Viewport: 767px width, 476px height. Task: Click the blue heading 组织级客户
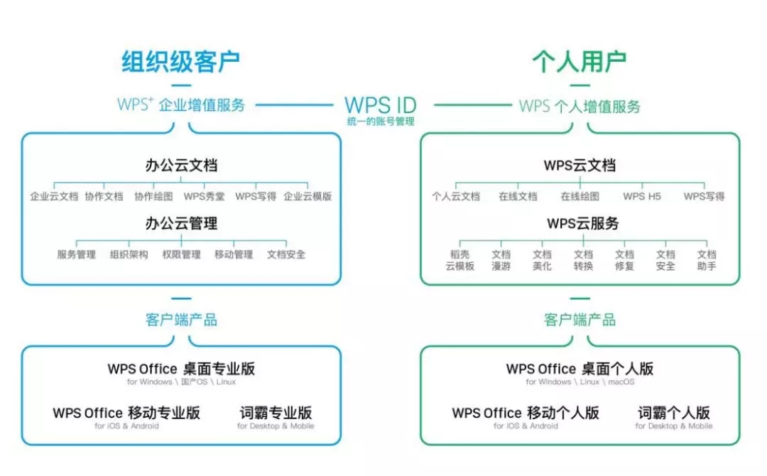(x=180, y=62)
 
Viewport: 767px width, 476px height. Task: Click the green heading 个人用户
(x=580, y=62)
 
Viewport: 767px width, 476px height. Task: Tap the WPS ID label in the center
(x=381, y=104)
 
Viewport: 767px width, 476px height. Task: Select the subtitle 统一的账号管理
(x=381, y=121)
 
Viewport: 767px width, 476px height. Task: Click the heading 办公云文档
(x=181, y=166)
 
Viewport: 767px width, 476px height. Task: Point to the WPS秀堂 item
(x=204, y=196)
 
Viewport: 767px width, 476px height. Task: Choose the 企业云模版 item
(x=308, y=196)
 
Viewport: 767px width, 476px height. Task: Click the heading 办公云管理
(x=181, y=224)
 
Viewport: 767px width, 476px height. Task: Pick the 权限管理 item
(x=182, y=254)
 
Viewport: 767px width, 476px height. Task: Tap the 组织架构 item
(x=129, y=254)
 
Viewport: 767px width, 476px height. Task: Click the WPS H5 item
(x=642, y=196)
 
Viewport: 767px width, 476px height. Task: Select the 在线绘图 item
(x=580, y=196)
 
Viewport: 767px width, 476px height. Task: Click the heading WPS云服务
(x=583, y=224)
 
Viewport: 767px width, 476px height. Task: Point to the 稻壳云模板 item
(x=459, y=260)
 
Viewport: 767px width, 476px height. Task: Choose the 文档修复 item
(x=624, y=260)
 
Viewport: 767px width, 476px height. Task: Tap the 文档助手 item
(x=707, y=260)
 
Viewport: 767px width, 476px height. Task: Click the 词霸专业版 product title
(x=276, y=413)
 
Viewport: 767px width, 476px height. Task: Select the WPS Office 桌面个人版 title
(x=580, y=369)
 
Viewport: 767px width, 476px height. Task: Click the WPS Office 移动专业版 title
(x=126, y=413)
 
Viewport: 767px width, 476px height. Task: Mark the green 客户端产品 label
(x=580, y=320)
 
